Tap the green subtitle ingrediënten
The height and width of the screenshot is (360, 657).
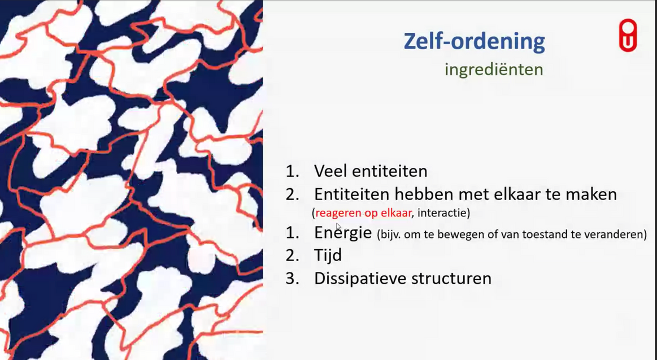pos(494,70)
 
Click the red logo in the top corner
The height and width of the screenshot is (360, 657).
pos(628,36)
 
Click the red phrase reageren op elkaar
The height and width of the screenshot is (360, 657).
pos(363,213)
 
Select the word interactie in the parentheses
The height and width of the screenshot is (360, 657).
pos(442,213)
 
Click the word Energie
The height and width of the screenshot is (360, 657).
pos(343,232)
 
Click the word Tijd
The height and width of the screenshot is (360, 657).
pos(328,255)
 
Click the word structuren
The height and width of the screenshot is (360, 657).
pos(452,279)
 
